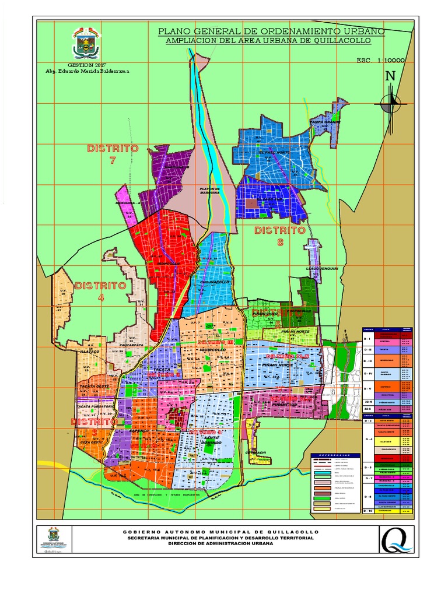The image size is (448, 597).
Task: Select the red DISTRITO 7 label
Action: point(113,154)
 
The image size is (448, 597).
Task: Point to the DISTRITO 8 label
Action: point(280,236)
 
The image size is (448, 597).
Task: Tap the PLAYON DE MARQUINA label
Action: point(209,191)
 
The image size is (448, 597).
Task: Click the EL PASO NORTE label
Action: point(274,152)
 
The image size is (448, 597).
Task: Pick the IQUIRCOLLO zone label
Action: point(212,350)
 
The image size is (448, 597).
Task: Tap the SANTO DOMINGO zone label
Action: point(212,440)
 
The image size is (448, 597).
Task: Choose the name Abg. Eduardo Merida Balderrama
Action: point(87,71)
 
